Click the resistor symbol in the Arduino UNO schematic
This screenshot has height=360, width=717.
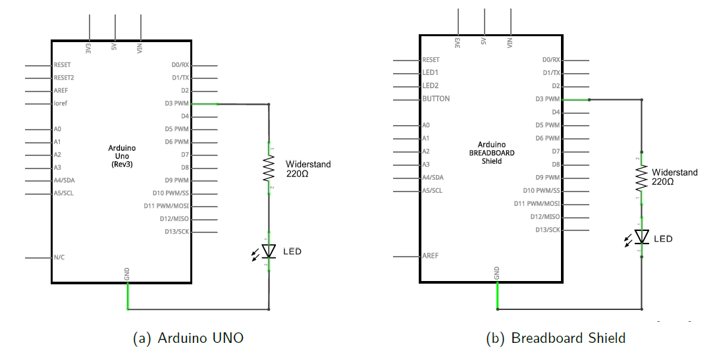point(269,168)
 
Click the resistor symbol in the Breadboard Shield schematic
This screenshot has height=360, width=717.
point(641,178)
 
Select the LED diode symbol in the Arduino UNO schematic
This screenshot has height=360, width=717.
point(269,251)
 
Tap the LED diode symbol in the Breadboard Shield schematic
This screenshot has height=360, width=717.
point(641,237)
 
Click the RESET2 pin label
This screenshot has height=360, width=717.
point(64,78)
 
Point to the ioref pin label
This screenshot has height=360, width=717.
point(61,103)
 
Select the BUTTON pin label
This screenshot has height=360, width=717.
point(436,99)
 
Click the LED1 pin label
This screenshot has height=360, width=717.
point(431,72)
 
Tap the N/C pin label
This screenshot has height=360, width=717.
point(59,257)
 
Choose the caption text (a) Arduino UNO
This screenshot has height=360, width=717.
point(188,338)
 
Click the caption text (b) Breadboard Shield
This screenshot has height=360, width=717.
point(556,338)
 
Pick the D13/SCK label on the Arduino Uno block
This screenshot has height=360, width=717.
point(176,232)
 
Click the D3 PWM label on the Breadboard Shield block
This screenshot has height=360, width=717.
point(547,99)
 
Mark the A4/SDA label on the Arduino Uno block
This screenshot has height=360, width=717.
point(64,180)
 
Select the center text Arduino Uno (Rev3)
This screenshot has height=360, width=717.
point(122,156)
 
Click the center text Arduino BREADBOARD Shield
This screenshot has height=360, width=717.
point(492,153)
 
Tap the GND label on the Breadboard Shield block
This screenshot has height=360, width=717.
point(496,272)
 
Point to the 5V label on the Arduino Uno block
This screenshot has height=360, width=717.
point(115,46)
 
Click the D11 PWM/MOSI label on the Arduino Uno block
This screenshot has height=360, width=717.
point(166,206)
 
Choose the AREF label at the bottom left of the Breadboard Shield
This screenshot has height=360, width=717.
point(431,256)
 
